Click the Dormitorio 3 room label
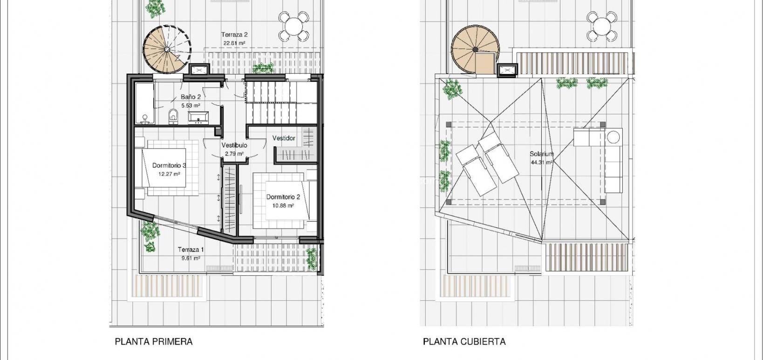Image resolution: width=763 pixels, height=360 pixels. coord(169,165)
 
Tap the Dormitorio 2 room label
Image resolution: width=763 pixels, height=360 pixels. coord(283,197)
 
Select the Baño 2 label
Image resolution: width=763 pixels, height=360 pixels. coord(191,97)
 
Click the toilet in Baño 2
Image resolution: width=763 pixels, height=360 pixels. coord(173,116)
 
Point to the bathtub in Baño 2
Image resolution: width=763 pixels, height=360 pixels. coord(144,103)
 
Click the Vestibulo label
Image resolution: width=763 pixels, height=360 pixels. coord(234,145)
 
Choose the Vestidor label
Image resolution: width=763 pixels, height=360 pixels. coord(284,138)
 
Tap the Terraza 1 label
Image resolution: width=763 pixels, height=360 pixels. coord(191,250)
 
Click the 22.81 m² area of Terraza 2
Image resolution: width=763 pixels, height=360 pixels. coord(234,43)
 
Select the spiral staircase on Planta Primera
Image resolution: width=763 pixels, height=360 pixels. coord(166,49)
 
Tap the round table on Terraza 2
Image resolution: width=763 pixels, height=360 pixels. coord(293,26)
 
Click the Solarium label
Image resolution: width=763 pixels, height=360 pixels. coord(541,154)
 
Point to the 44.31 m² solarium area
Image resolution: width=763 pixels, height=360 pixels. coord(541,163)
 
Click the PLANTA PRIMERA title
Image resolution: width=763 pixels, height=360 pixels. coord(153,341)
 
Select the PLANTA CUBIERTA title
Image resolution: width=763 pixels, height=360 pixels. coord(464,341)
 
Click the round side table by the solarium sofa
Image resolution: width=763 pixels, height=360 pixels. coord(613,137)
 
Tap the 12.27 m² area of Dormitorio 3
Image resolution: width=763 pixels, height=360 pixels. coord(169,174)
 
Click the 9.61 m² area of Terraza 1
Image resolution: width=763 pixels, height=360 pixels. coord(191,258)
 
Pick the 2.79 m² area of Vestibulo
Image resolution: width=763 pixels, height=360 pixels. coord(234,154)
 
